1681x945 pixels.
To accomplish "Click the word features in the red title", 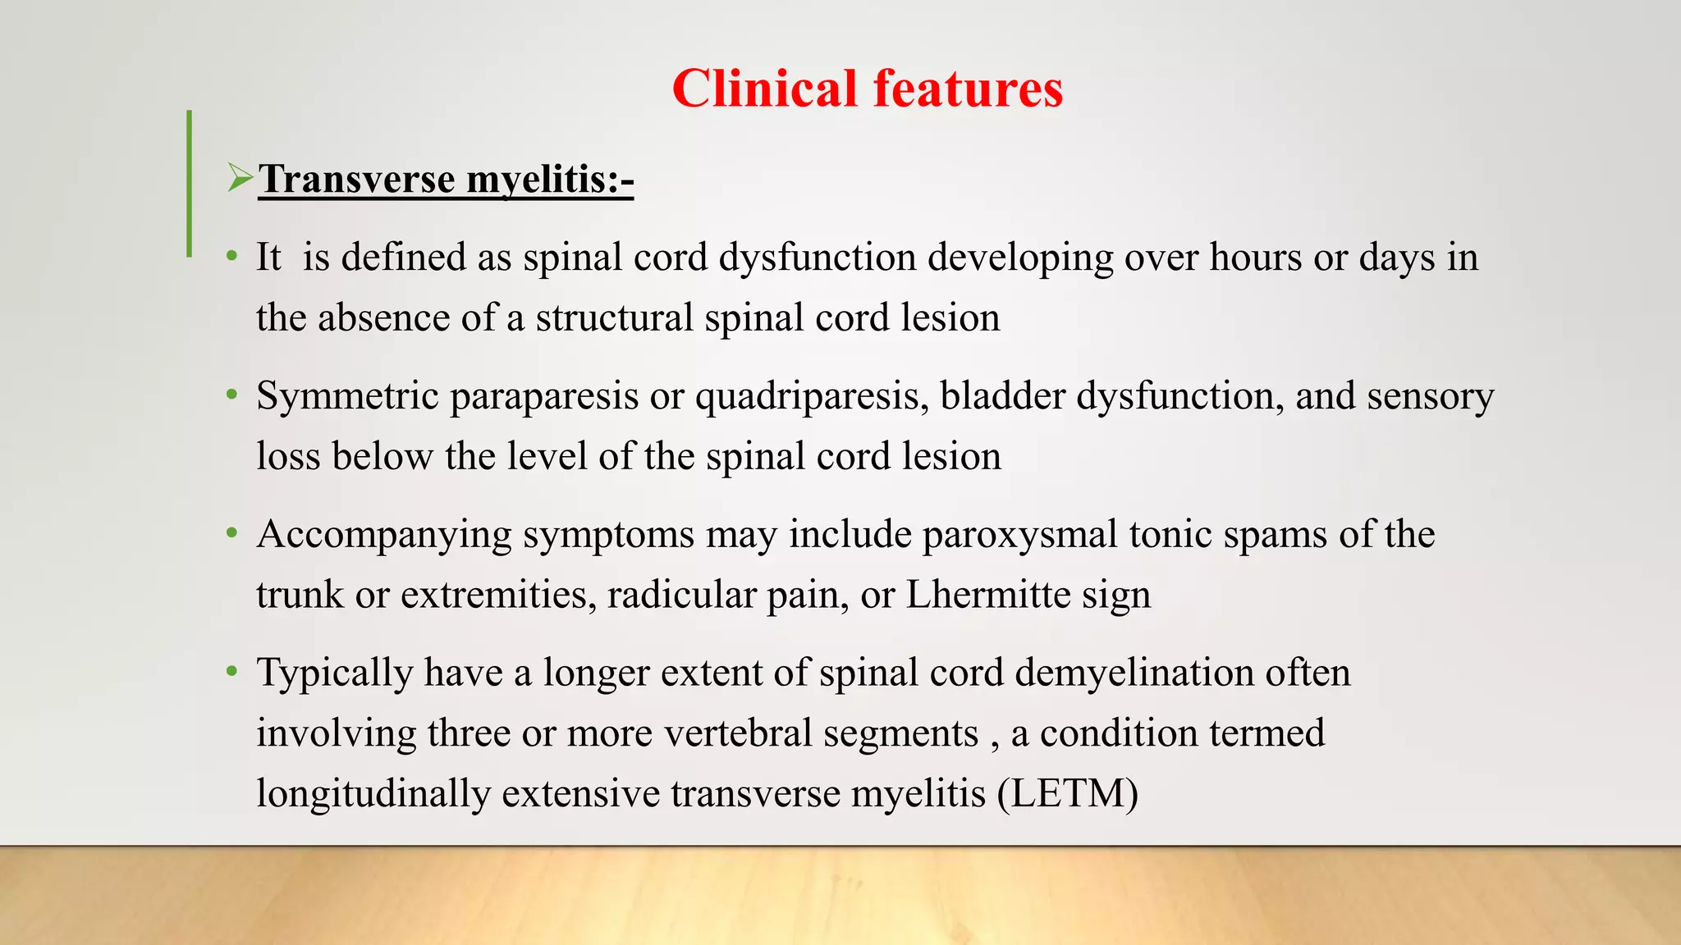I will point(968,89).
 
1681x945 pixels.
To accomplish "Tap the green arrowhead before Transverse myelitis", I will point(240,177).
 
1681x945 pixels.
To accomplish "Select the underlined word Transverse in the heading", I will point(357,179).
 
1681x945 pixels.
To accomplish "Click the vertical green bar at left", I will point(190,184).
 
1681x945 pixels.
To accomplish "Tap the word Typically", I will point(334,673).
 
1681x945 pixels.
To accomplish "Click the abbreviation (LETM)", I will point(1067,794).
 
